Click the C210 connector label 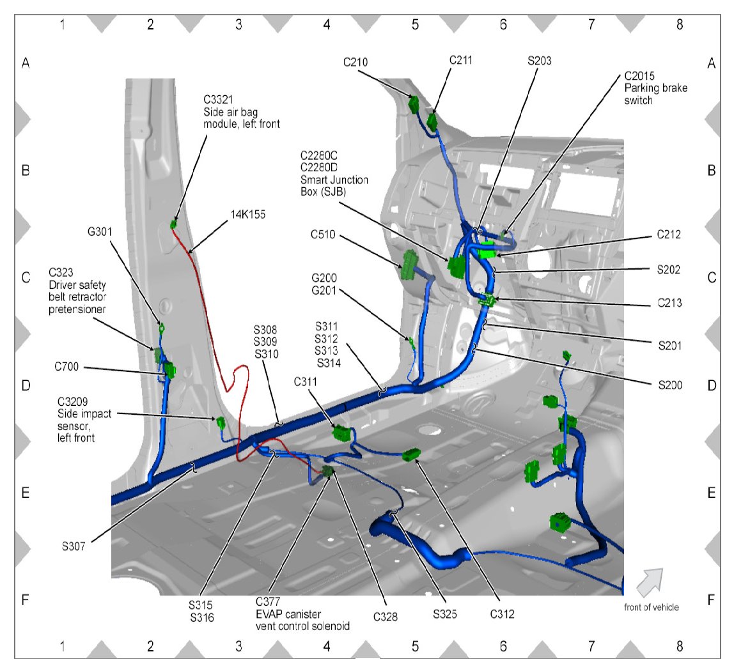(355, 62)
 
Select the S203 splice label (540, 61)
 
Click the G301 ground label (102, 231)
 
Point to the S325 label (445, 614)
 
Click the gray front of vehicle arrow (649, 582)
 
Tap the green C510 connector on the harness (409, 264)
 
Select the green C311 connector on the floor (342, 433)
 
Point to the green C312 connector (410, 454)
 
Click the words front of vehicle (651, 607)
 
